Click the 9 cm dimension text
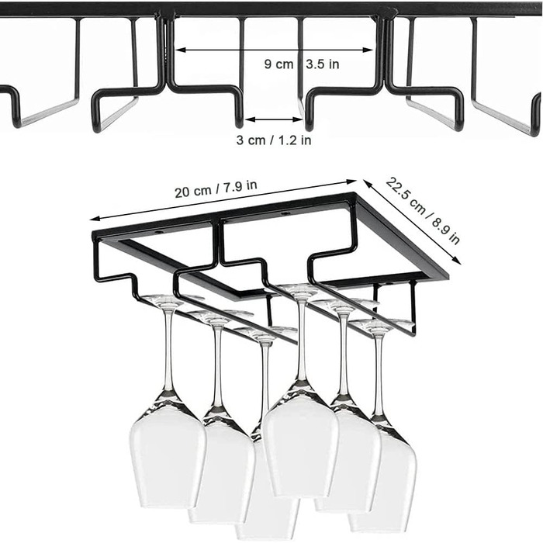[278, 64]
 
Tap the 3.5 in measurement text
[323, 64]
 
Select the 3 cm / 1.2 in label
[274, 140]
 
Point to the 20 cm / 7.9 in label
[216, 188]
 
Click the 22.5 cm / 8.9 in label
[423, 210]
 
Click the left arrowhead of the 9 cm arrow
[179, 50]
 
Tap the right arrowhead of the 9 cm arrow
[368, 50]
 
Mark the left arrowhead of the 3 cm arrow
[249, 119]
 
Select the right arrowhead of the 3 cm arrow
[299, 119]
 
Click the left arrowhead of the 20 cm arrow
[94, 219]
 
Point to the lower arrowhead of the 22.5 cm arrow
[458, 261]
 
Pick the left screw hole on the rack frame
[159, 231]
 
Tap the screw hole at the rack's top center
[285, 213]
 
